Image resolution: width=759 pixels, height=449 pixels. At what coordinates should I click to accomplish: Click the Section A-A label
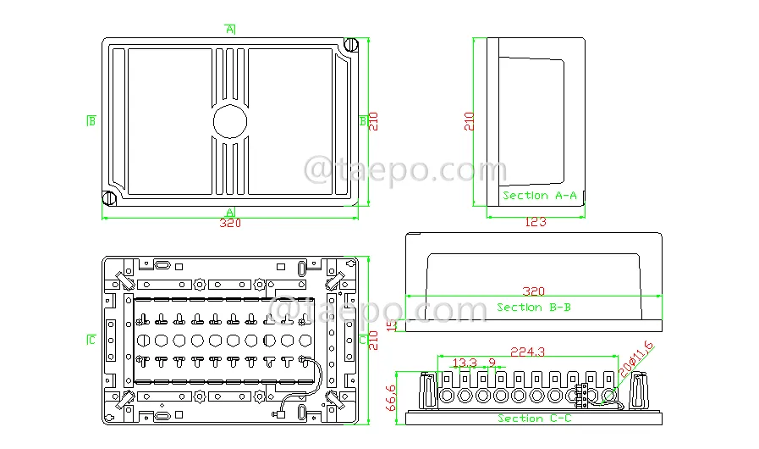coord(539,196)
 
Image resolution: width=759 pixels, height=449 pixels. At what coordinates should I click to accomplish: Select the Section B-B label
coord(533,307)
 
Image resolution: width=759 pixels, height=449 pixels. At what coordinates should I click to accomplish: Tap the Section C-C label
coord(535,418)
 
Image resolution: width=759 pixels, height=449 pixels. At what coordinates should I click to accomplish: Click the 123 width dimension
coord(536,222)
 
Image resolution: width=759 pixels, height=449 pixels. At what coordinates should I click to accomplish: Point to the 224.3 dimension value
coord(528,352)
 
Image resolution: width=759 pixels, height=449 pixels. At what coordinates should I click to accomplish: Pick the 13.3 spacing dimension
coord(465,363)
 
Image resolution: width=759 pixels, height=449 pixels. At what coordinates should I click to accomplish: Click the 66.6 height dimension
coord(391,397)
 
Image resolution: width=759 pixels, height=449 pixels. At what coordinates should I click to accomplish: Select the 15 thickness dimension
coord(392,324)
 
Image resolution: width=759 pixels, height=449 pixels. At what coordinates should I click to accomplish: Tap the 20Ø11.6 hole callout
coord(636,359)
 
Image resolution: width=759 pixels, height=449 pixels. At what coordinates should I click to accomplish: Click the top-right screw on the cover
coord(350,45)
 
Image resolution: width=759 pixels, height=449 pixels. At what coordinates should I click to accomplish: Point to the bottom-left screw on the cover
coord(109,198)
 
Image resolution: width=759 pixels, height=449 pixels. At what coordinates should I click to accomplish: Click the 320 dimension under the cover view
coord(230,223)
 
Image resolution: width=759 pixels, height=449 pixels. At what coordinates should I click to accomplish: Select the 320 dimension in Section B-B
coord(533,291)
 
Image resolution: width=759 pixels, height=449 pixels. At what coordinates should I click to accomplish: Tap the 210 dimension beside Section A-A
coord(469,121)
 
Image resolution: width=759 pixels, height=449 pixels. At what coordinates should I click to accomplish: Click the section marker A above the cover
coord(230,29)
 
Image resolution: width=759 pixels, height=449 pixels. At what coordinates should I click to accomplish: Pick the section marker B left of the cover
coord(91,121)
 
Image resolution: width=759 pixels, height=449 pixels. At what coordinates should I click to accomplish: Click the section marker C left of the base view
coord(91,340)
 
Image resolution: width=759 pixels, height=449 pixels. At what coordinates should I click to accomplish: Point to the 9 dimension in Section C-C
coord(492,363)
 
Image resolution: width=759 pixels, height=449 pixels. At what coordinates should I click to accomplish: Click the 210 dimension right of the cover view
coord(373,121)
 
